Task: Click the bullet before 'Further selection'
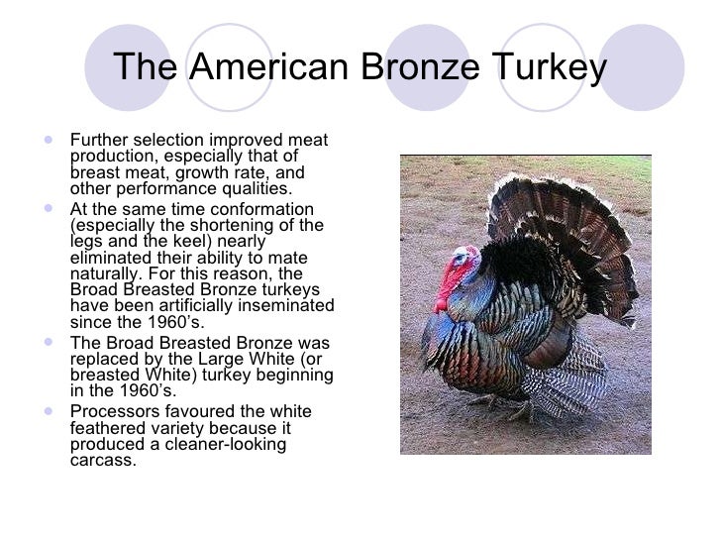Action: pos(51,139)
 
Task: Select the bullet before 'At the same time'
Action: pos(51,208)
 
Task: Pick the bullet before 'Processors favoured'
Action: pos(51,410)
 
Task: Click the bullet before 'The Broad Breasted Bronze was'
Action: pos(51,343)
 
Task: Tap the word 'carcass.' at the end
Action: pos(103,461)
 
